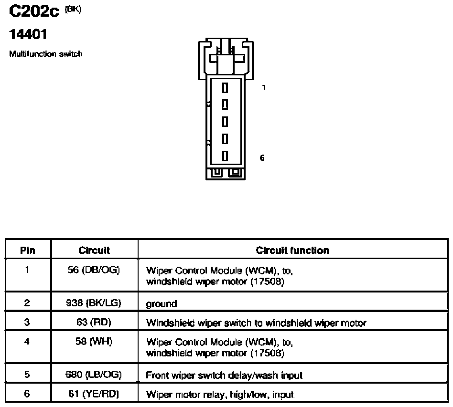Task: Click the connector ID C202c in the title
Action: click(x=33, y=11)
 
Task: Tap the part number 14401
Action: click(x=28, y=34)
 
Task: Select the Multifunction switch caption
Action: click(x=46, y=54)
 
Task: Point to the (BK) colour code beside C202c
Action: click(x=73, y=10)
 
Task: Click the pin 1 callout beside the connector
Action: click(x=263, y=87)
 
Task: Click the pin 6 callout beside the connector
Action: click(x=262, y=158)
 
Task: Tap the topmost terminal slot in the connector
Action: click(x=225, y=88)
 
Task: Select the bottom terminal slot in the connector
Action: click(x=225, y=156)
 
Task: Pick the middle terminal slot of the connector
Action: click(x=225, y=122)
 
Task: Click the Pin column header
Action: click(x=28, y=250)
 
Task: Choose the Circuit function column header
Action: click(x=292, y=250)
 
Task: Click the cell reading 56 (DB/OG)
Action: click(x=94, y=270)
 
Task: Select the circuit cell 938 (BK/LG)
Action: click(x=94, y=303)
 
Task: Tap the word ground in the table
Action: click(x=162, y=304)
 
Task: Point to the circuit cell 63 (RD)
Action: click(x=94, y=322)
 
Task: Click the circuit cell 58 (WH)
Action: click(x=94, y=342)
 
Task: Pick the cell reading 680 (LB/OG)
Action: click(x=94, y=375)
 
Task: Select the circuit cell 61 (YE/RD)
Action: click(x=94, y=394)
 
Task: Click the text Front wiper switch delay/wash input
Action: click(x=224, y=376)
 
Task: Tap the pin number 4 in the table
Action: click(x=27, y=342)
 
